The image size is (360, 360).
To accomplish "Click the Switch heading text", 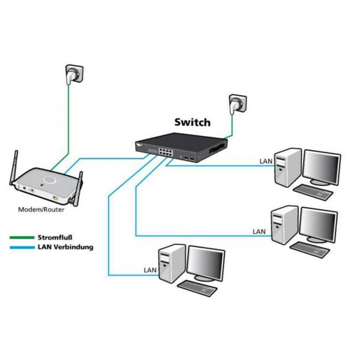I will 192,122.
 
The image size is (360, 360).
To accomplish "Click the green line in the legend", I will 22,238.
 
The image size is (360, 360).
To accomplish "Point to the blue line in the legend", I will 22,247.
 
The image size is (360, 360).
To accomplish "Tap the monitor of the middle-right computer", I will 318,226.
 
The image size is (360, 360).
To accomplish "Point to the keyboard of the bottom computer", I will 199,287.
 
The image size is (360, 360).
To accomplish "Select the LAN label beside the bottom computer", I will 151,271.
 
